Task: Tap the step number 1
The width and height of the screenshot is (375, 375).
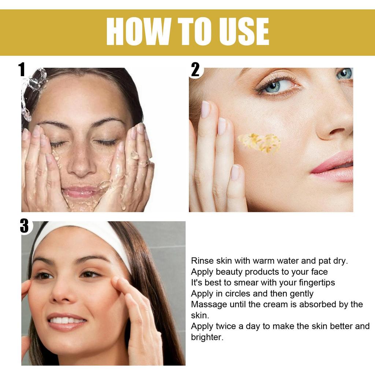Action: (22, 70)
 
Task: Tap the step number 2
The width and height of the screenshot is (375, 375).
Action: (196, 70)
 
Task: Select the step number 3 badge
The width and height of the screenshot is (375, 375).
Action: (24, 226)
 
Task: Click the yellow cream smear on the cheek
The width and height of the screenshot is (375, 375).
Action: (260, 143)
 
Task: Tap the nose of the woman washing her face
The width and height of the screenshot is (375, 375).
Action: (82, 165)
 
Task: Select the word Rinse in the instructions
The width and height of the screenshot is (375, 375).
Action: (201, 261)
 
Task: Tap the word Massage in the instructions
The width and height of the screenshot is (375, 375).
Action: (207, 305)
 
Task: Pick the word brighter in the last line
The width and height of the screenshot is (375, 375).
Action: (207, 337)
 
